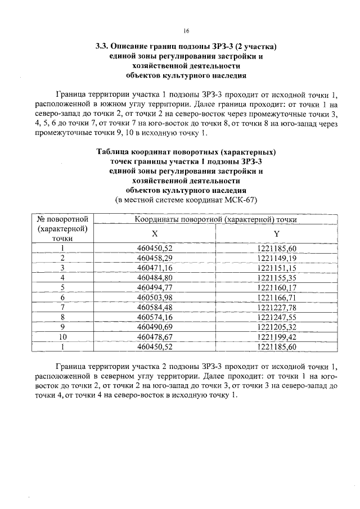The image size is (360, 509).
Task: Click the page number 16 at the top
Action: [x=186, y=30]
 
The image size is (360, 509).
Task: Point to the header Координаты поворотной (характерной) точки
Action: [x=215, y=219]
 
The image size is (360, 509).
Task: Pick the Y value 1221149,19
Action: [x=276, y=258]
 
